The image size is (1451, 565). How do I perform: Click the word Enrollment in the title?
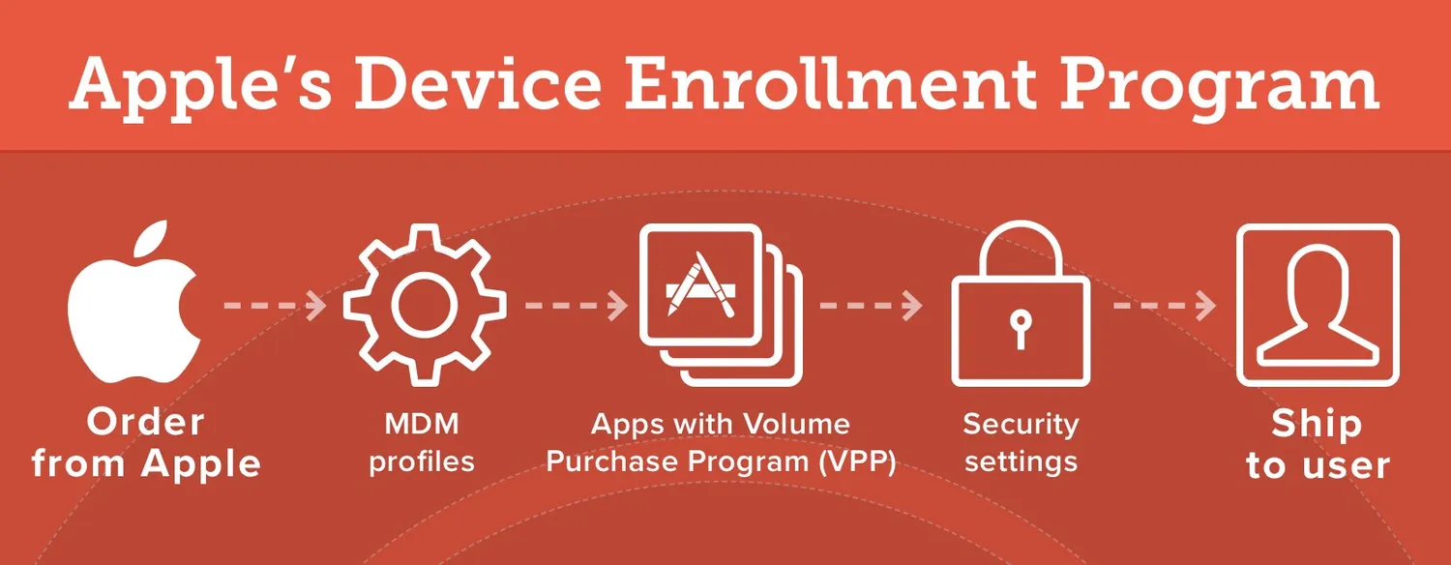[829, 84]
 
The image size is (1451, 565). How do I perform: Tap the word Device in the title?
[478, 84]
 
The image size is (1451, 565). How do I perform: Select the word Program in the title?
[1219, 91]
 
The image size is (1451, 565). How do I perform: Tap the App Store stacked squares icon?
[721, 305]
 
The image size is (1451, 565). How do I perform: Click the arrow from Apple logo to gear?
[276, 305]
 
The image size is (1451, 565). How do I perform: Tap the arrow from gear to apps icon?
[577, 305]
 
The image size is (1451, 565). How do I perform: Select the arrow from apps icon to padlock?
[872, 305]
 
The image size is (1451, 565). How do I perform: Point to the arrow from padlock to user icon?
[1165, 305]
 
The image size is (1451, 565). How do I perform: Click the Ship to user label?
[1318, 444]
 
